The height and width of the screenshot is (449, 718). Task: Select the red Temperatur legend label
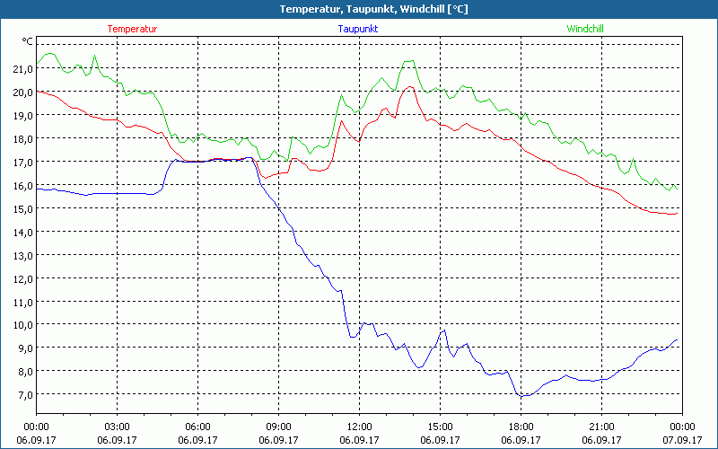click(x=132, y=29)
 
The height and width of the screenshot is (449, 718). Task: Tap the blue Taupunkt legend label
click(x=357, y=29)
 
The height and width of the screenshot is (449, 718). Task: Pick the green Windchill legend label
click(x=585, y=29)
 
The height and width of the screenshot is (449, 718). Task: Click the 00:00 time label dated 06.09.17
click(x=36, y=427)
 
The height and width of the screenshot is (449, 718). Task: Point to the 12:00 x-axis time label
click(x=359, y=427)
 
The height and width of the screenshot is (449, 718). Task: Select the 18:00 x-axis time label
click(x=521, y=427)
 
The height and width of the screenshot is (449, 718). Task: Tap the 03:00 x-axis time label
click(x=117, y=427)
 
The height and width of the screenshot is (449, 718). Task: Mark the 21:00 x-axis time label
click(x=601, y=427)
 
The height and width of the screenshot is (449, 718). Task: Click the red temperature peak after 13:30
click(x=409, y=87)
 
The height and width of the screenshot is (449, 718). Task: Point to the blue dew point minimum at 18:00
click(x=522, y=395)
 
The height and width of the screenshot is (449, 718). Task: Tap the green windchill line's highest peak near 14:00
click(x=409, y=61)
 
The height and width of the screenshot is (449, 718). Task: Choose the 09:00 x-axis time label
click(x=278, y=427)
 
